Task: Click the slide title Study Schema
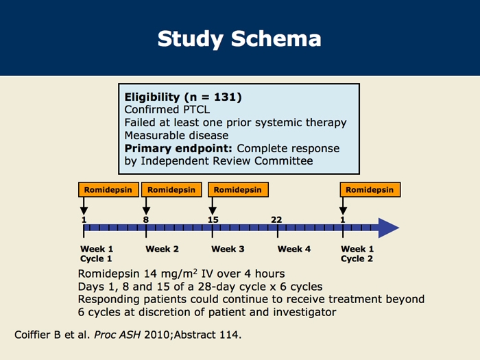239,39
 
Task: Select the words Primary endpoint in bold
178,149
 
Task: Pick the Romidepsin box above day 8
171,190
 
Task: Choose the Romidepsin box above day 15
238,190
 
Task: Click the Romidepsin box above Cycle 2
370,190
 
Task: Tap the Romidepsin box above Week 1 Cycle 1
108,190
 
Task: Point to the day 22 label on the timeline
276,220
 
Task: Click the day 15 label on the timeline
213,220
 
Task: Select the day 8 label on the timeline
146,220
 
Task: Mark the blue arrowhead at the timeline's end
389,228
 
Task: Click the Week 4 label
294,249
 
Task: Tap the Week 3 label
228,249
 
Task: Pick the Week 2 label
163,249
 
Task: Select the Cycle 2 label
357,259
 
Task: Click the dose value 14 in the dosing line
150,274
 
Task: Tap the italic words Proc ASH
117,335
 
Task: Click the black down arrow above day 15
213,206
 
